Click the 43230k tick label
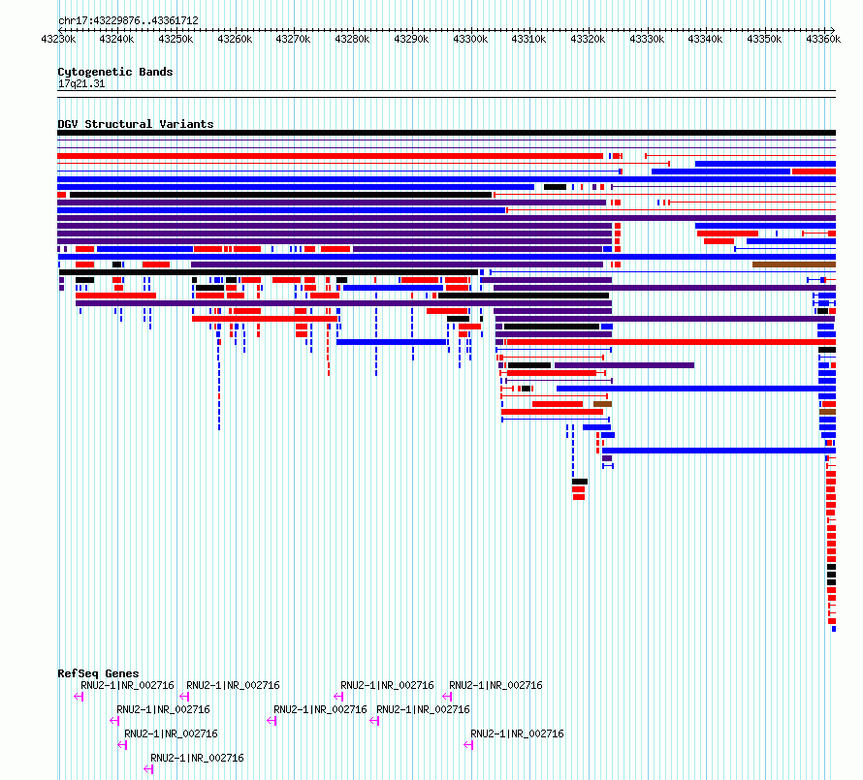58,39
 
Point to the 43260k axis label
235,39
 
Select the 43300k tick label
470,39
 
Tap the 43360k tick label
823,39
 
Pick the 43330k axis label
647,39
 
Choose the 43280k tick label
352,39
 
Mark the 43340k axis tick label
705,39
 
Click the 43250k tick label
176,39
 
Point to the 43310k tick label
528,39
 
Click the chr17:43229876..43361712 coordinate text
128,21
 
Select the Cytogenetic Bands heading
115,72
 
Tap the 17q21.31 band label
81,83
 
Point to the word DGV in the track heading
68,124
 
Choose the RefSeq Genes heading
98,673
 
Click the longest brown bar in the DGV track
794,265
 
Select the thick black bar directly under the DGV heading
446,133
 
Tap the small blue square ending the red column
834,629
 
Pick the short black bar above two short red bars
580,482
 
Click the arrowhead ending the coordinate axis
833,30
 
